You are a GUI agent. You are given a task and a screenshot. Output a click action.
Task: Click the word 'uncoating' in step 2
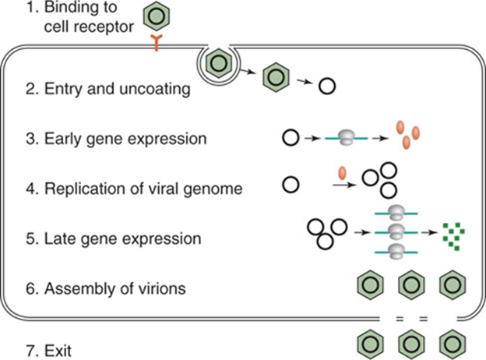pyautogui.click(x=157, y=90)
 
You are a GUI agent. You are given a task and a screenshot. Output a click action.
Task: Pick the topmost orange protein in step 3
pyautogui.click(x=400, y=125)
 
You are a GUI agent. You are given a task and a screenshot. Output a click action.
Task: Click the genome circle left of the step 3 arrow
pyautogui.click(x=289, y=139)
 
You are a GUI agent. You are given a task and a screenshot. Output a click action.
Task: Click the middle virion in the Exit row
pyautogui.click(x=407, y=341)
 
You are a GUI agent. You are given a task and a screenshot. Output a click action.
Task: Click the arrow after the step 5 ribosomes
pyautogui.click(x=428, y=232)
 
